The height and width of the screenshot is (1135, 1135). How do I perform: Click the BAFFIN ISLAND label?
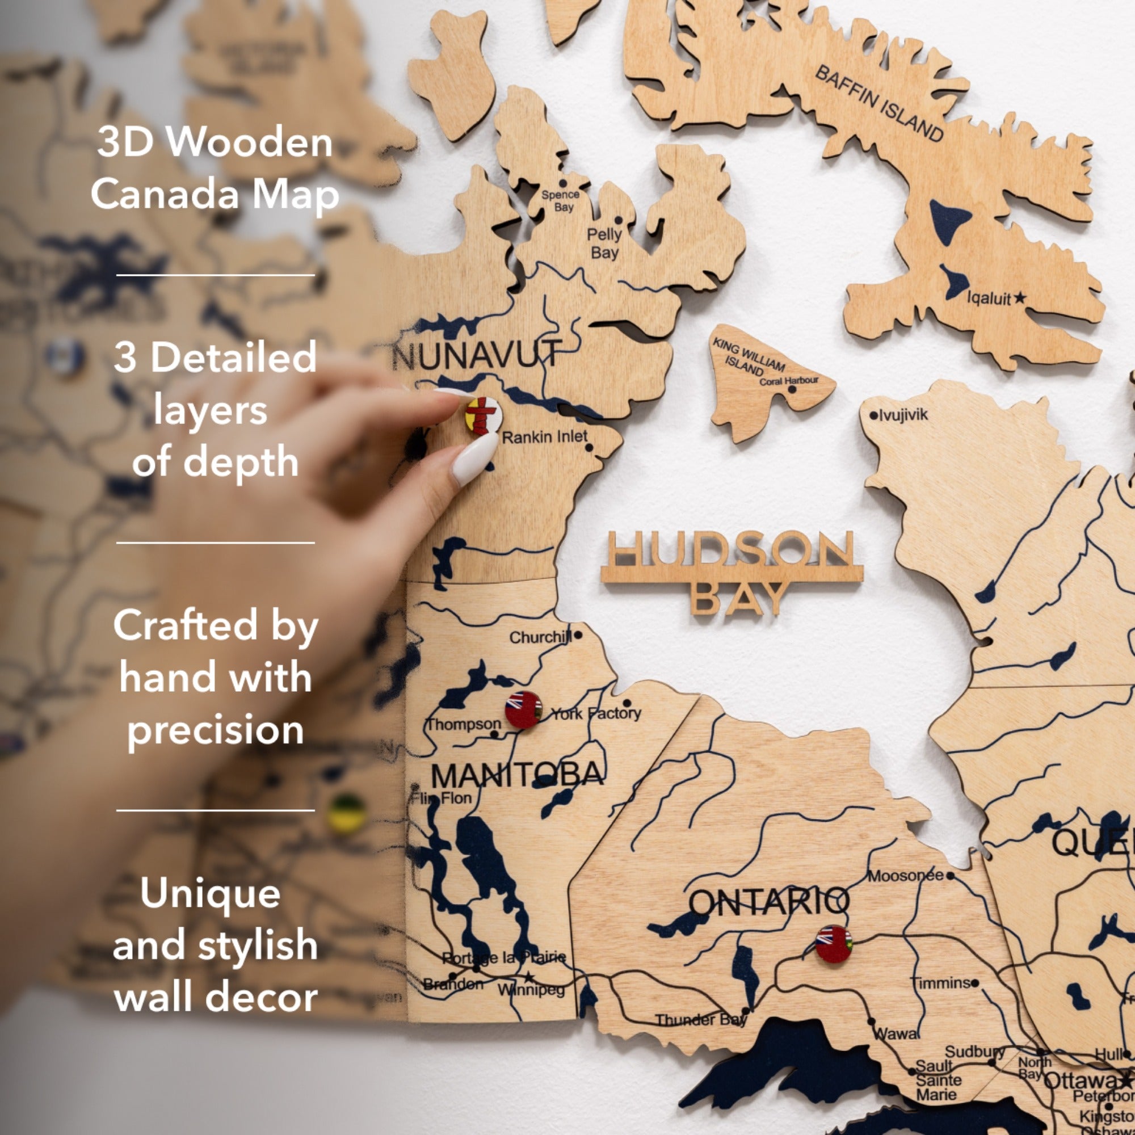point(880,104)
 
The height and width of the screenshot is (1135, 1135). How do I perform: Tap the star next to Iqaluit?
point(1020,298)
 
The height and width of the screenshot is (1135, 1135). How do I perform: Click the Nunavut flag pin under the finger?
point(483,415)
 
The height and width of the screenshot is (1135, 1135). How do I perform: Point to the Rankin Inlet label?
point(544,437)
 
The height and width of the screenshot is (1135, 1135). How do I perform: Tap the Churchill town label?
point(540,637)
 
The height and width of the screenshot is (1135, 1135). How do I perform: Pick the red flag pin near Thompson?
point(523,710)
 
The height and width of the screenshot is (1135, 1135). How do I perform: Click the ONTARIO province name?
point(768,902)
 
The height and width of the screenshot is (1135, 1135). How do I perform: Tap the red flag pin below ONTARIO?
point(833,944)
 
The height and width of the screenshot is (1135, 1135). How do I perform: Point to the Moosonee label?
point(905,876)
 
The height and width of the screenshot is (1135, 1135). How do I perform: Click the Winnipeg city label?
point(531,989)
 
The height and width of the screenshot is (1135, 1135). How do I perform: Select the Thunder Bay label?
point(700,1020)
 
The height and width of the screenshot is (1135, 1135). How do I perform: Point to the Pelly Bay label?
point(604,243)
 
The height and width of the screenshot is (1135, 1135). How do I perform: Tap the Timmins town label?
point(940,983)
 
